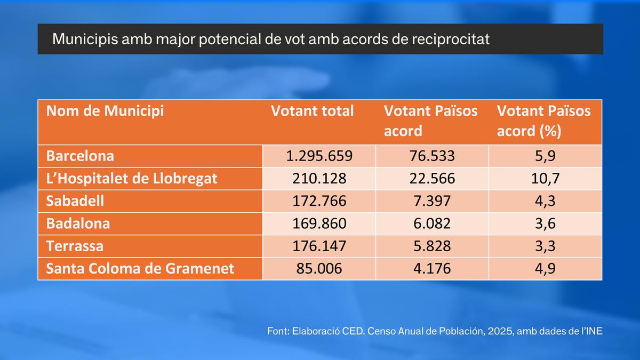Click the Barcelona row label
tap(80, 156)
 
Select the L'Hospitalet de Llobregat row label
tap(132, 179)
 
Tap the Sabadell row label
tap(75, 201)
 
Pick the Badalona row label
tap(78, 223)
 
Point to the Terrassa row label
tap(75, 246)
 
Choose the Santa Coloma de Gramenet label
tap(140, 269)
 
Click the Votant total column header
tap(313, 111)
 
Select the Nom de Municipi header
tap(105, 111)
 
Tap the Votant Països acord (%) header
tap(543, 121)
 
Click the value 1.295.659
tap(319, 156)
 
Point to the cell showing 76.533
tap(432, 156)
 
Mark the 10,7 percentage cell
tap(545, 179)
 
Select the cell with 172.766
tap(319, 201)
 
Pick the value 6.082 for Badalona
tap(432, 223)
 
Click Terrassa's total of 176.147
tap(319, 246)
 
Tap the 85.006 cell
tap(319, 269)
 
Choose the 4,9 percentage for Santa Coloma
tap(545, 269)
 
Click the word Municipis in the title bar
tap(85, 39)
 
